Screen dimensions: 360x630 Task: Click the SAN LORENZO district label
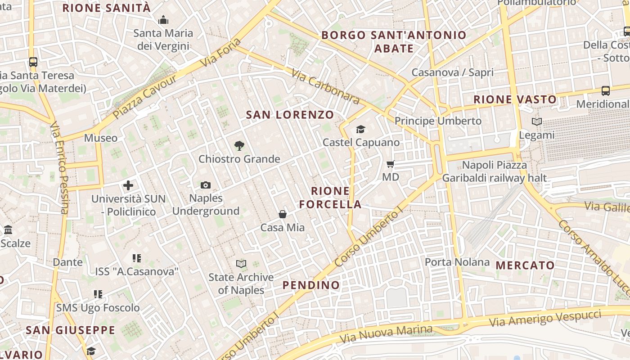[x=290, y=115]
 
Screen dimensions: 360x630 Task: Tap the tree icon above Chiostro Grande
[x=239, y=145]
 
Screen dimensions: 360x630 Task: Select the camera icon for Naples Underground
[x=206, y=185]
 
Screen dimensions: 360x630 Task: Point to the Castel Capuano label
[x=361, y=142]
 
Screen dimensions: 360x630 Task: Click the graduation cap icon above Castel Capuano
[x=360, y=130]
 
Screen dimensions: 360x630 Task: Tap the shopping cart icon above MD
[x=391, y=164]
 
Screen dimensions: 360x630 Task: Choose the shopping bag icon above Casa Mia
[x=283, y=214]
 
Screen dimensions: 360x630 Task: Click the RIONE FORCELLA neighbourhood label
[x=330, y=198]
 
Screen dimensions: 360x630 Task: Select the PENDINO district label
[x=311, y=285]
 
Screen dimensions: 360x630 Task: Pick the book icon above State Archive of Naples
[x=241, y=264]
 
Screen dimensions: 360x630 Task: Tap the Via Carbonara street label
[x=325, y=86]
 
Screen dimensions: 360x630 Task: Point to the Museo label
[x=101, y=138]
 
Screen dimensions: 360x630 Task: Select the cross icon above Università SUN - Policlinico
[x=128, y=185]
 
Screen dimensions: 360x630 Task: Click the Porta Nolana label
[x=457, y=262]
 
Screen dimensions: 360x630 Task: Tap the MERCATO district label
[x=525, y=265]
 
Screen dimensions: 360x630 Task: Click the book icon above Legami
[x=536, y=121]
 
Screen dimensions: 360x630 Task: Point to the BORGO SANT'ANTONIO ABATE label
[x=394, y=41]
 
